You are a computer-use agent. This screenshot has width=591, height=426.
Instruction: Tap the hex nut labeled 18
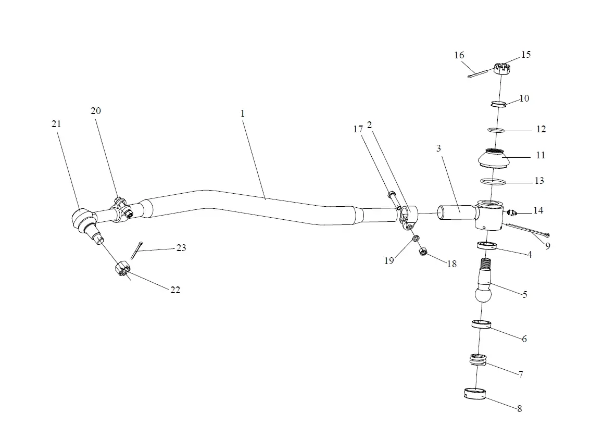click(423, 253)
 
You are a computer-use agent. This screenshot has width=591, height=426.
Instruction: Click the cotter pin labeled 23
click(137, 250)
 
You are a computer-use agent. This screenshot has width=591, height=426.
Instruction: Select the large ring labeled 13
click(493, 182)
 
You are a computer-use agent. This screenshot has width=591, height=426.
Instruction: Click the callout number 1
click(243, 113)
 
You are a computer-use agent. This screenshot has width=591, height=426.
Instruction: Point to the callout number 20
click(95, 111)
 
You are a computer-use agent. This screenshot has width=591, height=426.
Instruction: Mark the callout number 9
click(548, 246)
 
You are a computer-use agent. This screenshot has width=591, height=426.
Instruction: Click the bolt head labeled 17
click(391, 196)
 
